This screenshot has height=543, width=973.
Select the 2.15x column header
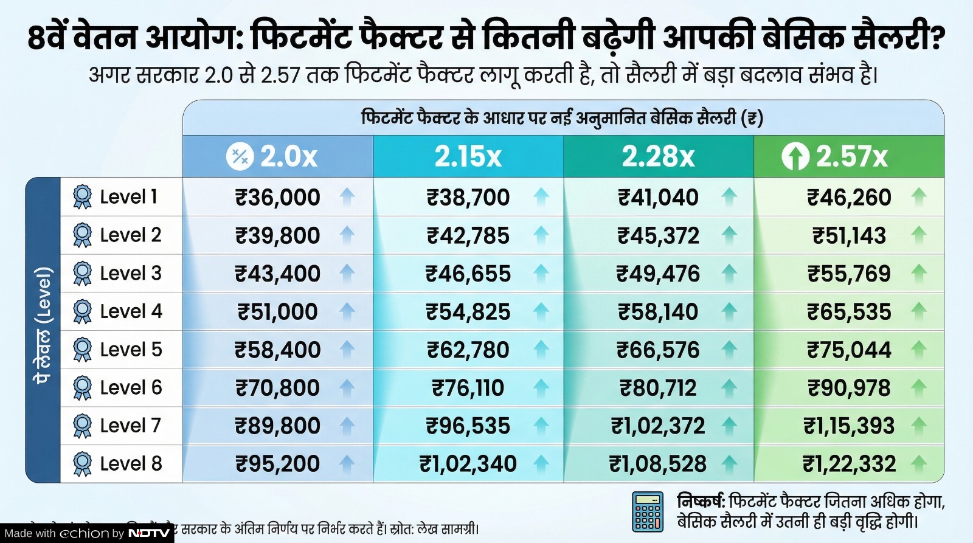(468, 157)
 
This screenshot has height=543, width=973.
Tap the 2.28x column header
(658, 157)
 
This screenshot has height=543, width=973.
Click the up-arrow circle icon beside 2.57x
(795, 157)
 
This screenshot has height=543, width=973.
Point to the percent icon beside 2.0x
(240, 157)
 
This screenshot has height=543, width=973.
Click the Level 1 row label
(128, 197)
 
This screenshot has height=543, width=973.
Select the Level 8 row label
(131, 463)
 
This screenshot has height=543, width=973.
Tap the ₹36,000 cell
(278, 198)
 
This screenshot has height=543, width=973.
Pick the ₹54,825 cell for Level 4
(468, 312)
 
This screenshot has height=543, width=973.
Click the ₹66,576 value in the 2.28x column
(658, 350)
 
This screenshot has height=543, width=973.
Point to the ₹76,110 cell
(468, 388)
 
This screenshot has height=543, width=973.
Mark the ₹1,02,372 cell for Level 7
(658, 426)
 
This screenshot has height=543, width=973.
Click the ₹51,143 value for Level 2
(849, 236)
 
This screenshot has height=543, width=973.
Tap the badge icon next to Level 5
(82, 350)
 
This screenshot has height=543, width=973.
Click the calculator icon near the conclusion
(648, 511)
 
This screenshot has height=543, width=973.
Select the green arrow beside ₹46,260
(919, 196)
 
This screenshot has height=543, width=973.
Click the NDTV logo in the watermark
(149, 533)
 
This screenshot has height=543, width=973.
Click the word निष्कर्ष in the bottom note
(700, 502)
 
